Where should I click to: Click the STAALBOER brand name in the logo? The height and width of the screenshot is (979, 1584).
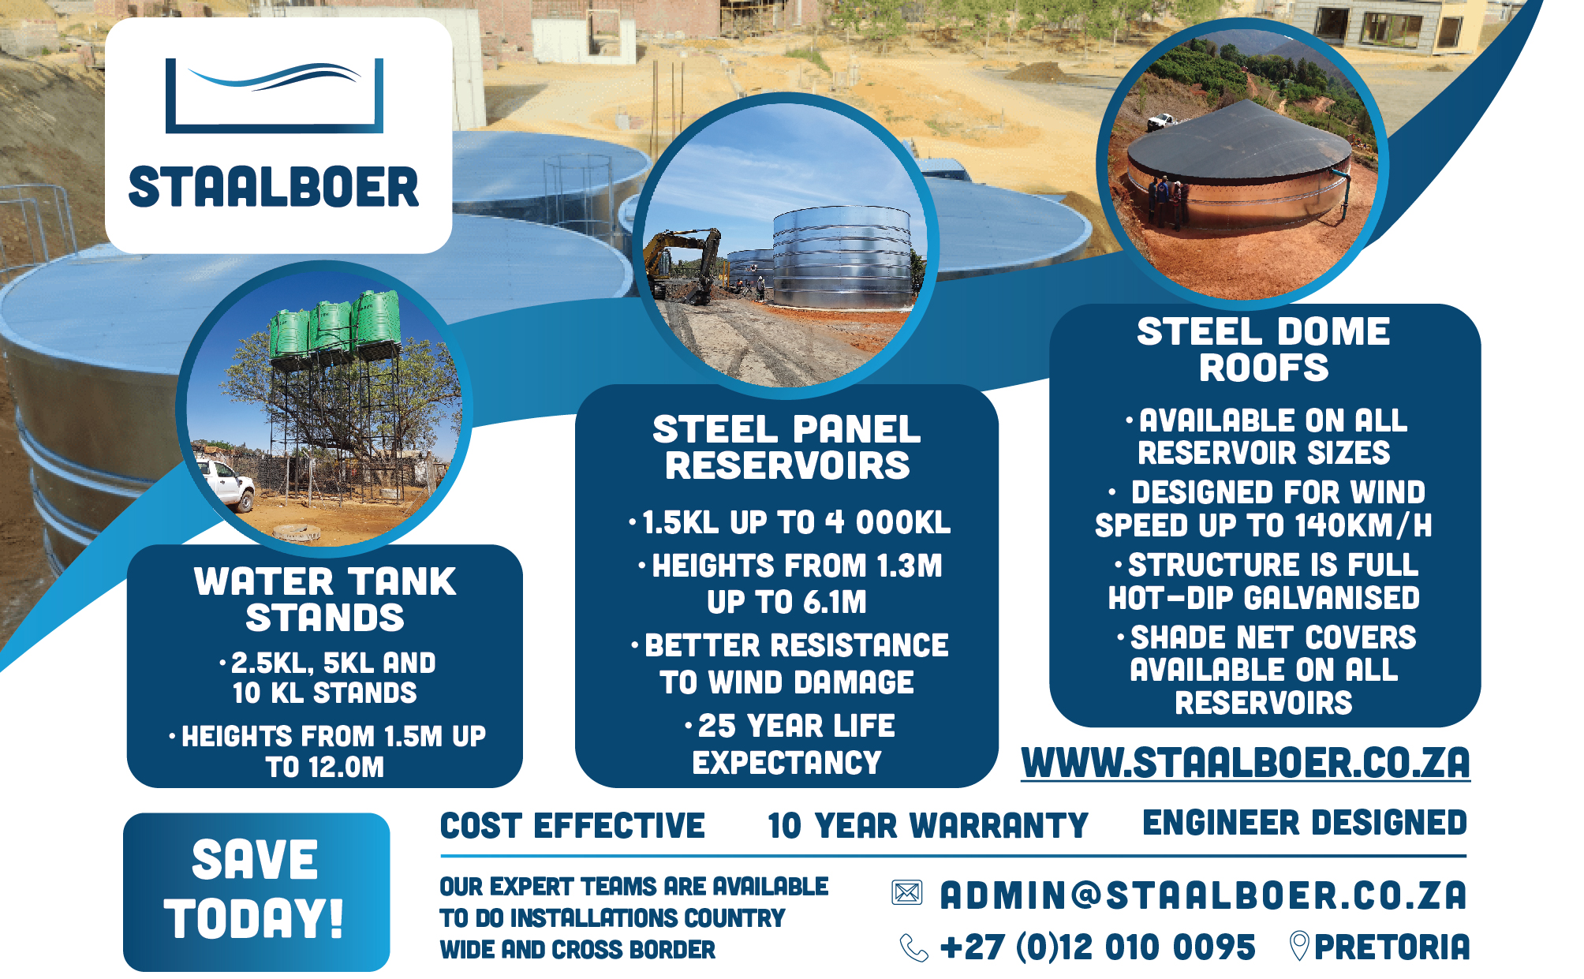(274, 187)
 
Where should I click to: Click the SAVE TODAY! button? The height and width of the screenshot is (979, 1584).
(256, 891)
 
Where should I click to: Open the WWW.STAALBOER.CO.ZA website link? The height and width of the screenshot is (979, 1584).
(1246, 763)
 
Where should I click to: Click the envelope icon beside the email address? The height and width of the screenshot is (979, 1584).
(907, 893)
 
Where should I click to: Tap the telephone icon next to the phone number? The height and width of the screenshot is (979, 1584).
(914, 947)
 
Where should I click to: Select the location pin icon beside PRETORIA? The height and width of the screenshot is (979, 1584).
(1298, 946)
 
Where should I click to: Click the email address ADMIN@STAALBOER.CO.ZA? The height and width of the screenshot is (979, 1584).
(1204, 895)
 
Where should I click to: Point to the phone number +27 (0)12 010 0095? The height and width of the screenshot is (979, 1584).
(1097, 947)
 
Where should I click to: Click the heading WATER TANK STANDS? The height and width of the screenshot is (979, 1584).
(325, 600)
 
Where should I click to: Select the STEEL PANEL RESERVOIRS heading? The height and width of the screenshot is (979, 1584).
(787, 447)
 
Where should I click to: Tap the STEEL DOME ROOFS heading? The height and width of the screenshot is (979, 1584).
(1264, 349)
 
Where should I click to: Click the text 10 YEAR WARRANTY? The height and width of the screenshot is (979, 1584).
(928, 826)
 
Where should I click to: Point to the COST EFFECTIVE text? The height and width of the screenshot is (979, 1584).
(573, 826)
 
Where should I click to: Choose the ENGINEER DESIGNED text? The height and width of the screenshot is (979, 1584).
(1305, 823)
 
